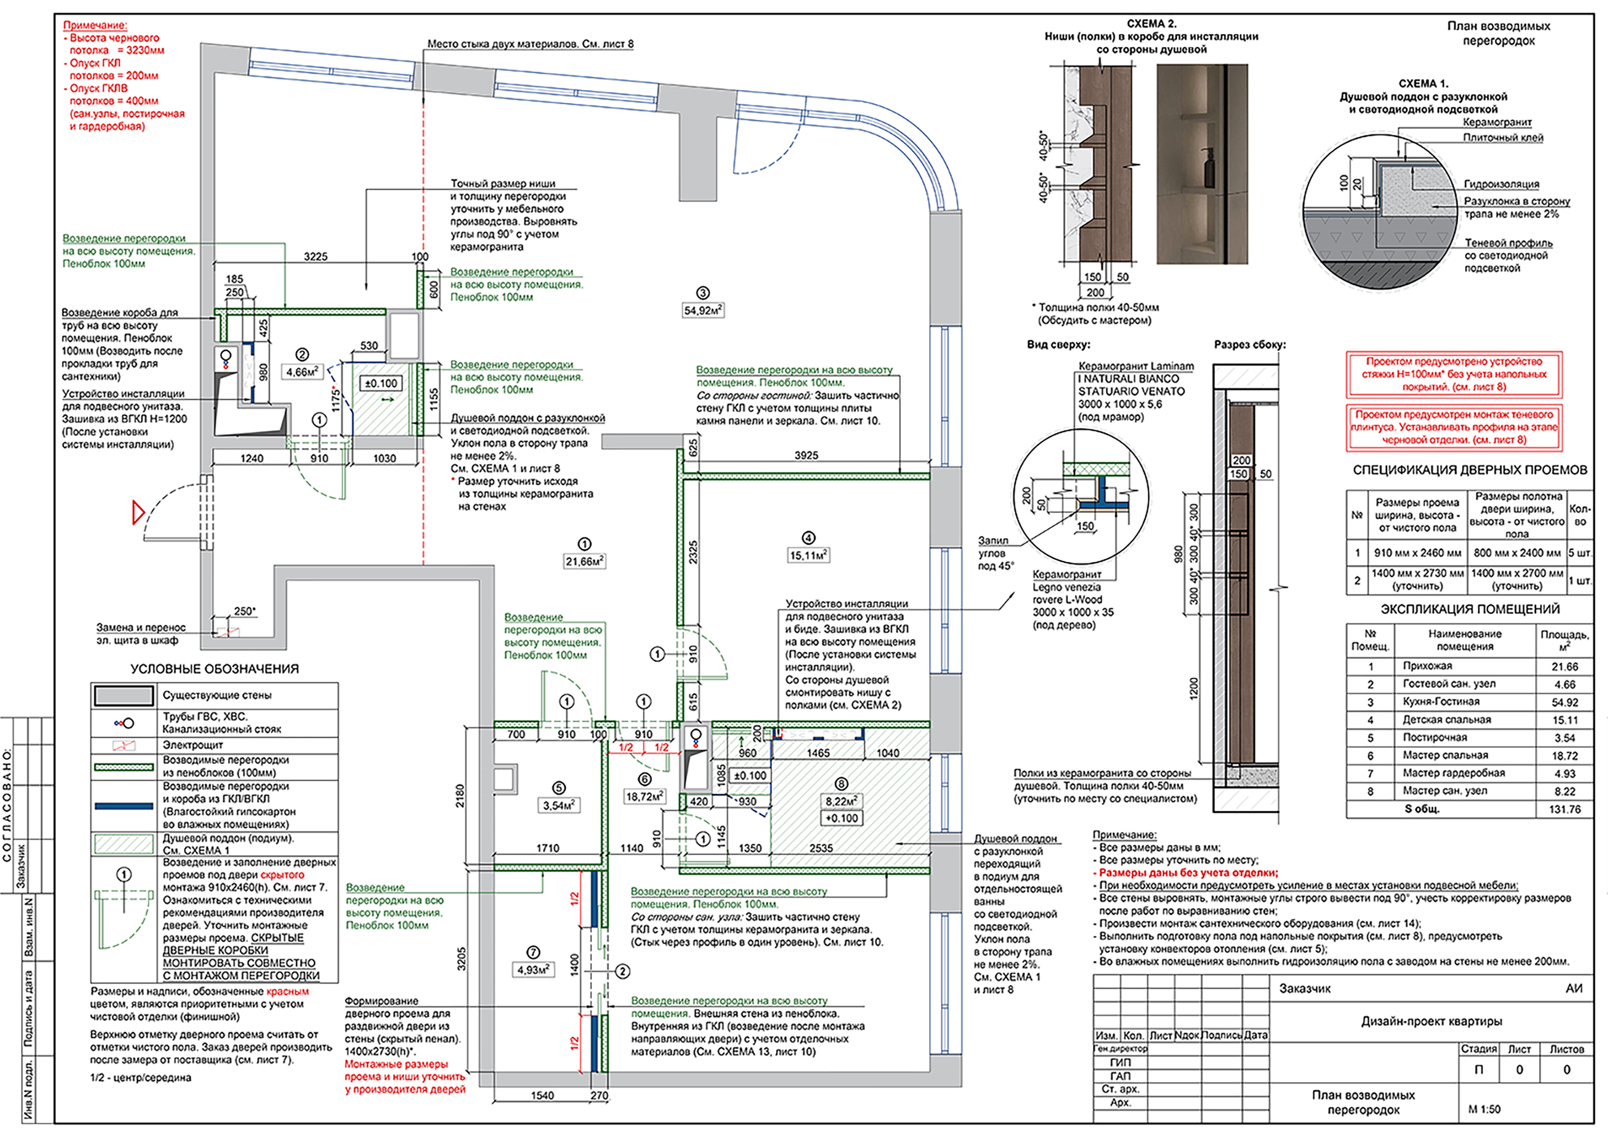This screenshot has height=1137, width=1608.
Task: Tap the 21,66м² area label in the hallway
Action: pyautogui.click(x=585, y=561)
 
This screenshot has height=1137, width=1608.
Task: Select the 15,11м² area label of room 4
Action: pyautogui.click(x=809, y=555)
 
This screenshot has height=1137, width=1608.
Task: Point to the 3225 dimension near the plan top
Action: pyautogui.click(x=316, y=256)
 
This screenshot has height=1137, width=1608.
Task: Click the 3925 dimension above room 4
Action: pyautogui.click(x=806, y=455)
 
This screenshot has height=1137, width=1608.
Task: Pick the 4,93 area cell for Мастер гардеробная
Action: pyautogui.click(x=1565, y=773)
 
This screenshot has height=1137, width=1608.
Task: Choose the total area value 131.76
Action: pyautogui.click(x=1565, y=809)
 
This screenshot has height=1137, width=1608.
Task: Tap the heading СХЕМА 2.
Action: pyautogui.click(x=1151, y=24)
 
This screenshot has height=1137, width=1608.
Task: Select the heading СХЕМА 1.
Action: pyautogui.click(x=1423, y=83)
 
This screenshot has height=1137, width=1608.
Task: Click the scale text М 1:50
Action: pyautogui.click(x=1484, y=1109)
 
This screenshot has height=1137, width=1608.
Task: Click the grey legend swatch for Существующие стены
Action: pyautogui.click(x=124, y=695)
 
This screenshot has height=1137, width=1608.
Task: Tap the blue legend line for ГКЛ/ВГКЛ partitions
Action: pyautogui.click(x=124, y=806)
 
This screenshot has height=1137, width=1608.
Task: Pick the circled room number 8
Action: pyautogui.click(x=841, y=784)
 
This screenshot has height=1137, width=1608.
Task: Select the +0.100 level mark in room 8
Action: pyautogui.click(x=841, y=818)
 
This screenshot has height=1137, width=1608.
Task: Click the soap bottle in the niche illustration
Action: pyautogui.click(x=1210, y=169)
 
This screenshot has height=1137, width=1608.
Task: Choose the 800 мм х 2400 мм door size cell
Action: pyautogui.click(x=1516, y=553)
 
